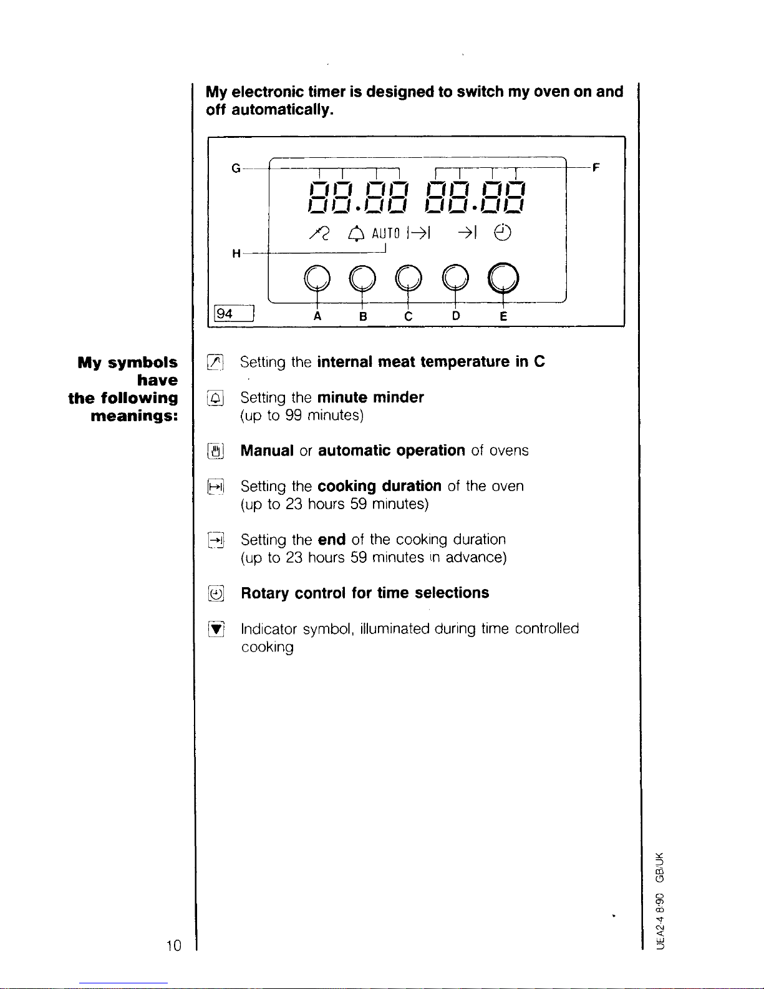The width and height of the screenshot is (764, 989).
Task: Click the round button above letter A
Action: (x=317, y=278)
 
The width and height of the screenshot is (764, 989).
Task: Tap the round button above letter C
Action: (x=409, y=278)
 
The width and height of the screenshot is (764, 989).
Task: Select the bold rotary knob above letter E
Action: (x=503, y=278)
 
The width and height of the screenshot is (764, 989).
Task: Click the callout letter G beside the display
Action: (x=236, y=168)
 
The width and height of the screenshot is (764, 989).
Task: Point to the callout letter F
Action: (x=596, y=167)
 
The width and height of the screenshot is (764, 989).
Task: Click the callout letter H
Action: (x=236, y=253)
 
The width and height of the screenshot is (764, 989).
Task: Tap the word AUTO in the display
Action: (x=385, y=233)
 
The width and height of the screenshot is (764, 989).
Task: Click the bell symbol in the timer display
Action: (x=356, y=233)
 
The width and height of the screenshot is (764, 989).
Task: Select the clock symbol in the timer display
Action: (x=503, y=233)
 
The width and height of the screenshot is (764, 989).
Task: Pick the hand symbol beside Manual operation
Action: (x=216, y=451)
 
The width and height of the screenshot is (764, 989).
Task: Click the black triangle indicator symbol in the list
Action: (x=216, y=629)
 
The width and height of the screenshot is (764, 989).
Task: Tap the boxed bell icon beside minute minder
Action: (x=215, y=398)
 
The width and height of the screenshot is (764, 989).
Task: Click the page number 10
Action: (x=174, y=946)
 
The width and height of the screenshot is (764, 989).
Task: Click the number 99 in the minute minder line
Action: (x=293, y=415)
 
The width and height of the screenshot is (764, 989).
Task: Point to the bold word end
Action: (x=332, y=539)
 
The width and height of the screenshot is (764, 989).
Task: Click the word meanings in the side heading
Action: (x=134, y=416)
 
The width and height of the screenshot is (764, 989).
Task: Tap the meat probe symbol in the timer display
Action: (x=319, y=233)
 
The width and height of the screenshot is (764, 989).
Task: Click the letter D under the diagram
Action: (x=456, y=316)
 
